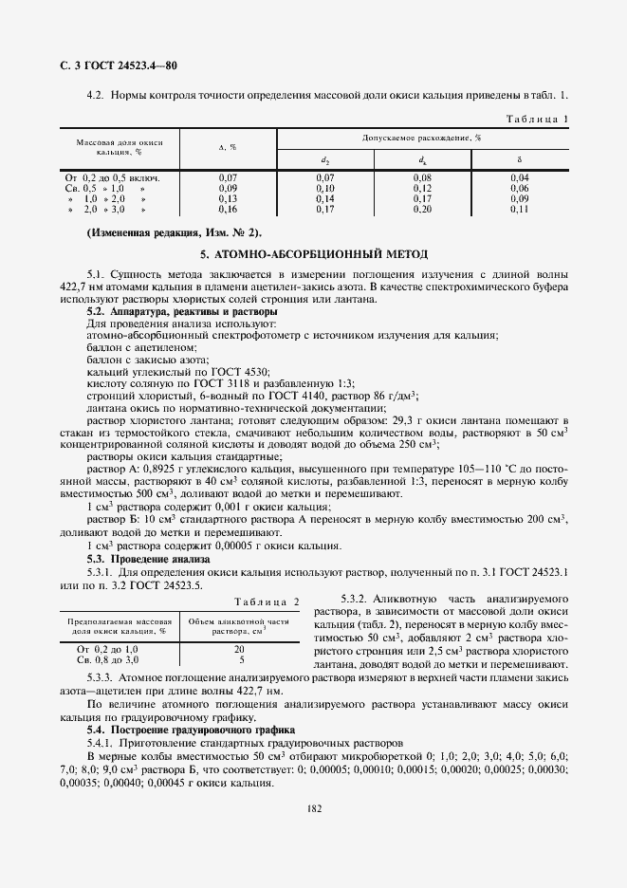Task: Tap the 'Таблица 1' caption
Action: tap(537, 119)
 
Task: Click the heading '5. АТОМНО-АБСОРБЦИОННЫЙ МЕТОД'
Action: tap(314, 255)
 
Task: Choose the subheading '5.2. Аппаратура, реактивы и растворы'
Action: tap(161, 311)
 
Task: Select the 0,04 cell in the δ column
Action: tap(519, 177)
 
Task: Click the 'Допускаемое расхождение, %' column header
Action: tap(421, 138)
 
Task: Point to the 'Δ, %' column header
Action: tap(228, 147)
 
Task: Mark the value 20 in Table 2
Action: tap(241, 648)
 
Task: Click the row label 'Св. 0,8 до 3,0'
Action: tap(113, 658)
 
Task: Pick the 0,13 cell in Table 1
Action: tap(228, 198)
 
